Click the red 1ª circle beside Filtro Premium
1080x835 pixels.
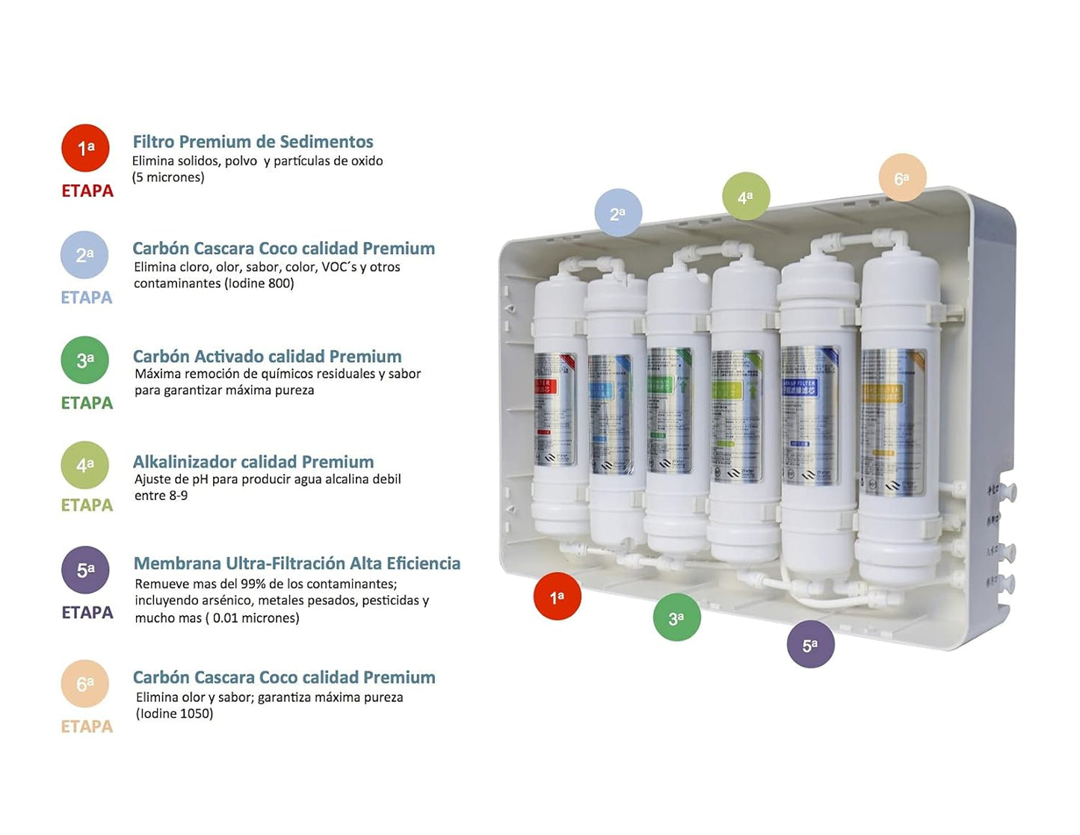point(85,148)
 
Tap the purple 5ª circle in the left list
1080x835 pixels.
point(85,570)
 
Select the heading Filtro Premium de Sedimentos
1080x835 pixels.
point(253,142)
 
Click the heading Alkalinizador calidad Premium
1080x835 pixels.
point(253,462)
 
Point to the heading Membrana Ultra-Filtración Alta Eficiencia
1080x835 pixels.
point(297,564)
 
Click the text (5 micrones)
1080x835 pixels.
point(168,177)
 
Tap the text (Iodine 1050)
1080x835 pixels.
point(174,714)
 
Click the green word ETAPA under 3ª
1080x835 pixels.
point(87,403)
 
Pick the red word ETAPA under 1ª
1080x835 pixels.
point(87,191)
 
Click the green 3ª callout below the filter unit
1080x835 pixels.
point(676,617)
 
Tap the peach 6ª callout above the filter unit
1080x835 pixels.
point(902,178)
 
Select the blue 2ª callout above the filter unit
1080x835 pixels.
point(618,213)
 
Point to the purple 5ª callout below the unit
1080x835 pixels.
point(810,644)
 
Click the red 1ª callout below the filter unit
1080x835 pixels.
point(557,597)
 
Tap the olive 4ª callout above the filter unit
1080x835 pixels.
point(745,197)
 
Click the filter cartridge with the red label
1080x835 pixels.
point(555,411)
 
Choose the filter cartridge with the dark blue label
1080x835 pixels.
point(810,419)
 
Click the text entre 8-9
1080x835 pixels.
point(161,496)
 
